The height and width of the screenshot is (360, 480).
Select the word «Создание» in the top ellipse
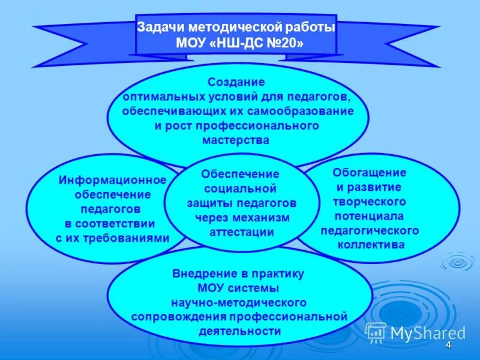click(x=236, y=82)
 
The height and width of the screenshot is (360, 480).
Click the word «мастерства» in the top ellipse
click(x=236, y=140)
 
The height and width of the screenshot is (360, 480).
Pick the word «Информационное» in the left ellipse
click(x=112, y=180)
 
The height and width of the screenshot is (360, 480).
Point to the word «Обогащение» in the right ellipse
click(x=370, y=173)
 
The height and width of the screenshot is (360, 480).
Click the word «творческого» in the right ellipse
click(x=370, y=202)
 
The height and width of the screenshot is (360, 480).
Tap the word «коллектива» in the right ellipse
click(x=371, y=245)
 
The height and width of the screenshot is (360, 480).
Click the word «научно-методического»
click(x=239, y=302)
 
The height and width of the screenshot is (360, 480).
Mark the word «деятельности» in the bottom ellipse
click(x=238, y=331)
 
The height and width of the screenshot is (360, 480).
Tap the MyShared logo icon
click(x=376, y=332)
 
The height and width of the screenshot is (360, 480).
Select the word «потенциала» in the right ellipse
click(x=370, y=216)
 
